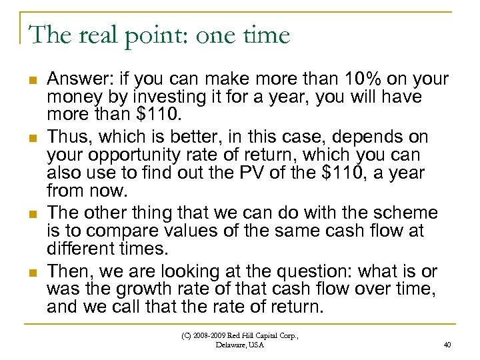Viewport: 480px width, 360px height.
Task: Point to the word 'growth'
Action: click(x=142, y=290)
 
